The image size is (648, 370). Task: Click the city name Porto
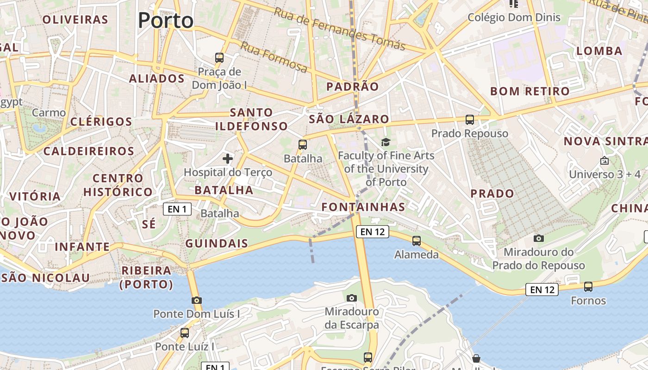tap(166, 20)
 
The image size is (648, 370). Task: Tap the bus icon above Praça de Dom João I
tap(219, 58)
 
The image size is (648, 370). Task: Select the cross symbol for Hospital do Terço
tap(228, 159)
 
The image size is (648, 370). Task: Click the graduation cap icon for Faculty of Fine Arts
tap(386, 142)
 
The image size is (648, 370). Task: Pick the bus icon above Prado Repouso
tap(470, 120)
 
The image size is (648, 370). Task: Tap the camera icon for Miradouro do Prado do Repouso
tap(539, 238)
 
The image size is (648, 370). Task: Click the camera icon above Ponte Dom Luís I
tap(197, 300)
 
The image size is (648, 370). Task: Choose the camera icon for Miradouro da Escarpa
tap(352, 298)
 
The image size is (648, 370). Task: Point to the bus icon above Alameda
tap(417, 240)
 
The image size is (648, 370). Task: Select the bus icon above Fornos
tap(588, 287)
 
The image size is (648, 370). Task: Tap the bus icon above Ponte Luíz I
tap(185, 333)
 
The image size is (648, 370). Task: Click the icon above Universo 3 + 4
tap(604, 161)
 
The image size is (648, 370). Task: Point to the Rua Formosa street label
tap(274, 57)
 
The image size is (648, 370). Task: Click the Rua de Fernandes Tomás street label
tap(339, 29)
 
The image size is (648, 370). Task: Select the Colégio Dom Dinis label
tap(514, 18)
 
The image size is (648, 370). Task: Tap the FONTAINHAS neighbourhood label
tap(363, 207)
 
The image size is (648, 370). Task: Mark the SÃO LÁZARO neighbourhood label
tap(349, 119)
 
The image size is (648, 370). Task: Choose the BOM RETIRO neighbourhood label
tap(530, 91)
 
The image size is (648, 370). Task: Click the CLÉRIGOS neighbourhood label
tap(101, 122)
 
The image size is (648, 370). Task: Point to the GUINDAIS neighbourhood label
tap(217, 243)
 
